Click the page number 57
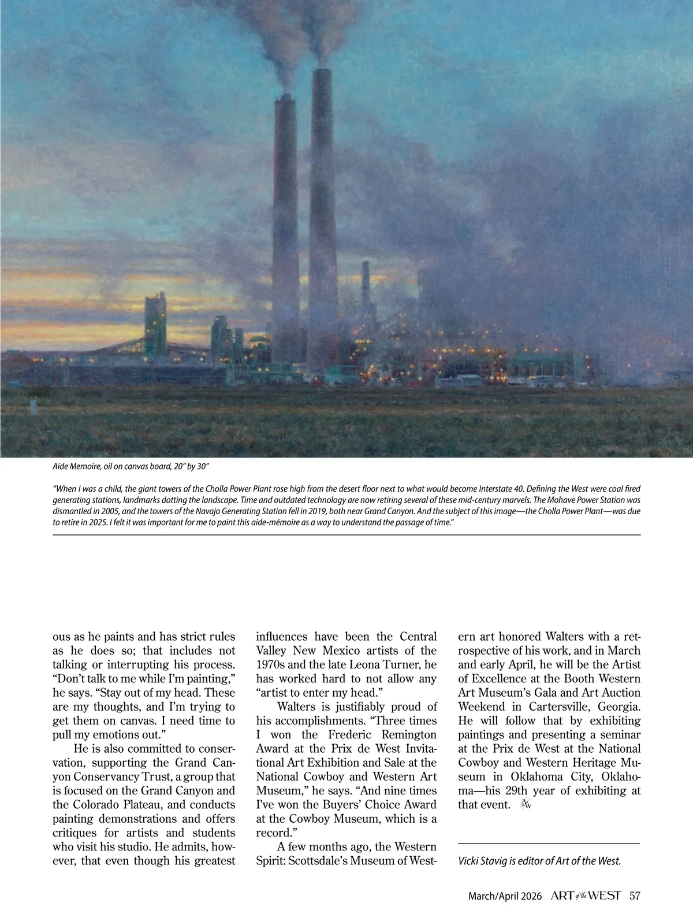635,896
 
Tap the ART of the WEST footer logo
586,896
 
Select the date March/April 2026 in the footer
505,896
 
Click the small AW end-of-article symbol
525,804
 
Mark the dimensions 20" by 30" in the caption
195,466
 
